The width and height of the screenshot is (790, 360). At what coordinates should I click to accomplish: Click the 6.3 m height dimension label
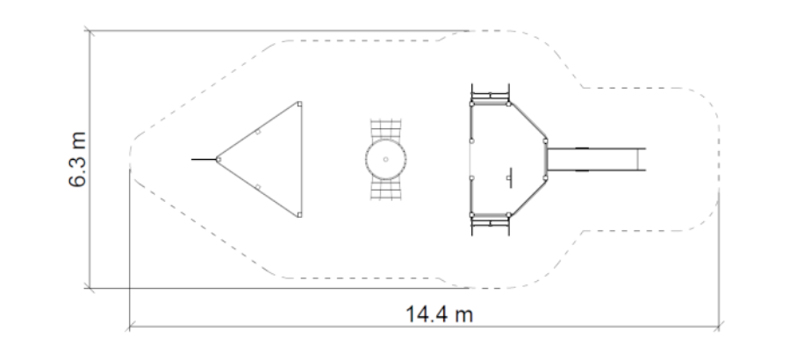[77, 159]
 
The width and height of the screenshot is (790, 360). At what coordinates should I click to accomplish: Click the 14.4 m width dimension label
[439, 314]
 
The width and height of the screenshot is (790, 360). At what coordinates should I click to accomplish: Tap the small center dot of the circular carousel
[386, 159]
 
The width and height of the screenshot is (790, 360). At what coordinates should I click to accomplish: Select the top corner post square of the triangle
[300, 104]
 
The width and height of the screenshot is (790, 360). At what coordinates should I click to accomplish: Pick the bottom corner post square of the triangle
[300, 215]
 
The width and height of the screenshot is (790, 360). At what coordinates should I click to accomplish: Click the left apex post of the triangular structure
[219, 159]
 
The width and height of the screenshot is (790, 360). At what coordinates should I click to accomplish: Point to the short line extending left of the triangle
[204, 159]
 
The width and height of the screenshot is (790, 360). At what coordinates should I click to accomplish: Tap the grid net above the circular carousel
[386, 130]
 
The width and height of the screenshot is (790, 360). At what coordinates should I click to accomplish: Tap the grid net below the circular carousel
[386, 189]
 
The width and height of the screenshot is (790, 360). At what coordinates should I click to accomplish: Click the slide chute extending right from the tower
[597, 159]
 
